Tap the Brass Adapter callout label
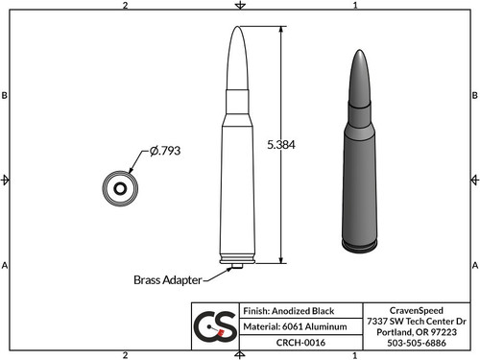[166, 280]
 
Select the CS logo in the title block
[215, 327]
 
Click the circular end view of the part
[121, 188]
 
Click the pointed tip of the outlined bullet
[240, 29]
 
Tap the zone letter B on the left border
[6, 96]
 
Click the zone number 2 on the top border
[126, 6]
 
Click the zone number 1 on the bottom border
[355, 354]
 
